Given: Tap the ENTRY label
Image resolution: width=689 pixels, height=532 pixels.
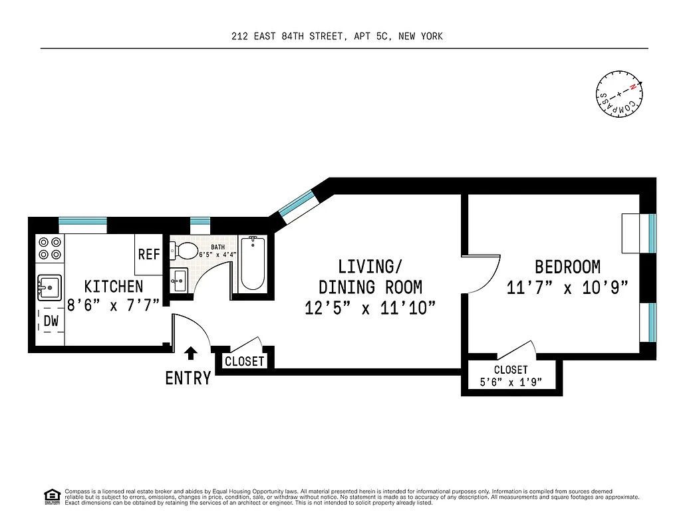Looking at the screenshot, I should click(188, 378).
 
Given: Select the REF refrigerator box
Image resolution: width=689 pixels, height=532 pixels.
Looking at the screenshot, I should click(148, 255).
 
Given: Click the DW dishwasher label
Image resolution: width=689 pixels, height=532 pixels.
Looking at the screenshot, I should click(51, 321).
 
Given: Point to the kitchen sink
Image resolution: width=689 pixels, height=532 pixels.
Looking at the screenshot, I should click(49, 287).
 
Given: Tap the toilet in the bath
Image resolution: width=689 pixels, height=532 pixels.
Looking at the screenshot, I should click(184, 251).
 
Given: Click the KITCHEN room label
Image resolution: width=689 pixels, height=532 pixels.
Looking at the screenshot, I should click(113, 287).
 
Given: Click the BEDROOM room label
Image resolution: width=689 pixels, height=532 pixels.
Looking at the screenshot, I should click(567, 267).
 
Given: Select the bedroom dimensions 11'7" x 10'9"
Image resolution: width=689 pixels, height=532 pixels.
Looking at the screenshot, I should click(567, 288).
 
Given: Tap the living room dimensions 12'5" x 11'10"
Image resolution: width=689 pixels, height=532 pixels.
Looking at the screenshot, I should click(370, 308).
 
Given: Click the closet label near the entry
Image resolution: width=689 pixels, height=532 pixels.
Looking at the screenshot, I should click(245, 362).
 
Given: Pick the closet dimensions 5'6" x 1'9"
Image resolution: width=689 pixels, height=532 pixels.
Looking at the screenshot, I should click(511, 382).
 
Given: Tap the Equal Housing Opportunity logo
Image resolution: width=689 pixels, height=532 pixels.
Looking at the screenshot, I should click(51, 496).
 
